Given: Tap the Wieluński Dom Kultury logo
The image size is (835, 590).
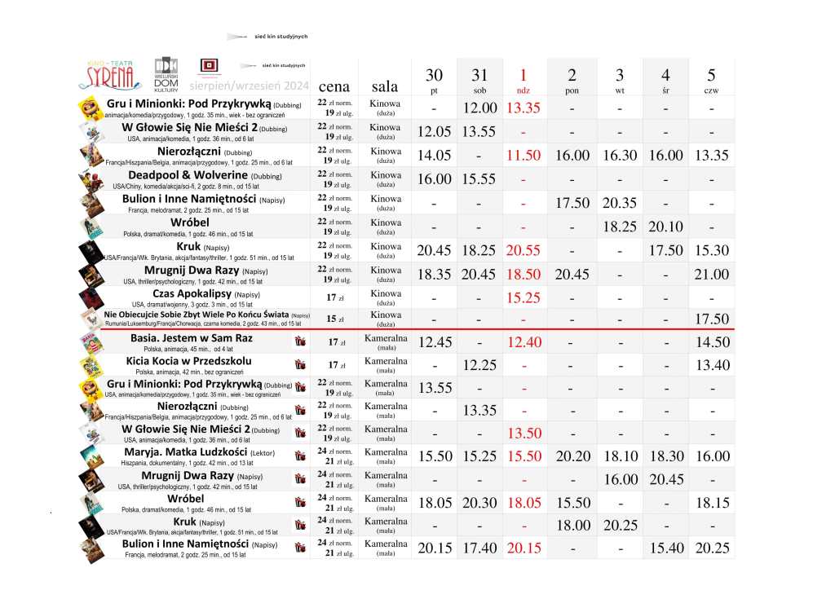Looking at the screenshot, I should (x=166, y=73).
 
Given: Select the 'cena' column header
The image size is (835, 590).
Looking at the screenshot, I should (x=334, y=86).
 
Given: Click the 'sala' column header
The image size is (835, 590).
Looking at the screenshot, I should (x=385, y=86).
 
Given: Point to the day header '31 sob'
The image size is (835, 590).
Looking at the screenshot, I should (x=479, y=80).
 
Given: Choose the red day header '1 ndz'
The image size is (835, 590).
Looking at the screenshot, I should (x=524, y=80).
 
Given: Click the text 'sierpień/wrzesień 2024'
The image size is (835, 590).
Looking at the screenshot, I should (x=249, y=86).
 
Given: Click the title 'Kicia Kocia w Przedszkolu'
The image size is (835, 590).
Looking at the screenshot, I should (x=188, y=360).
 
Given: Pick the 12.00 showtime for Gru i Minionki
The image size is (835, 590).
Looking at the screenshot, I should (x=479, y=108).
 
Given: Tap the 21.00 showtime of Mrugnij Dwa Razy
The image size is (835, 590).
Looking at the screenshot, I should (x=712, y=275).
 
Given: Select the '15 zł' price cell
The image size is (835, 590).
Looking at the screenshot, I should (x=334, y=319).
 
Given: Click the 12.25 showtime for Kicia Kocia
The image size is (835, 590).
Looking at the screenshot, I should (x=479, y=365).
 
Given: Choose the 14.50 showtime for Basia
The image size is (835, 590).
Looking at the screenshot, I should (x=712, y=342).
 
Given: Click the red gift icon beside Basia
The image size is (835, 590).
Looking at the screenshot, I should (x=298, y=341).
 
